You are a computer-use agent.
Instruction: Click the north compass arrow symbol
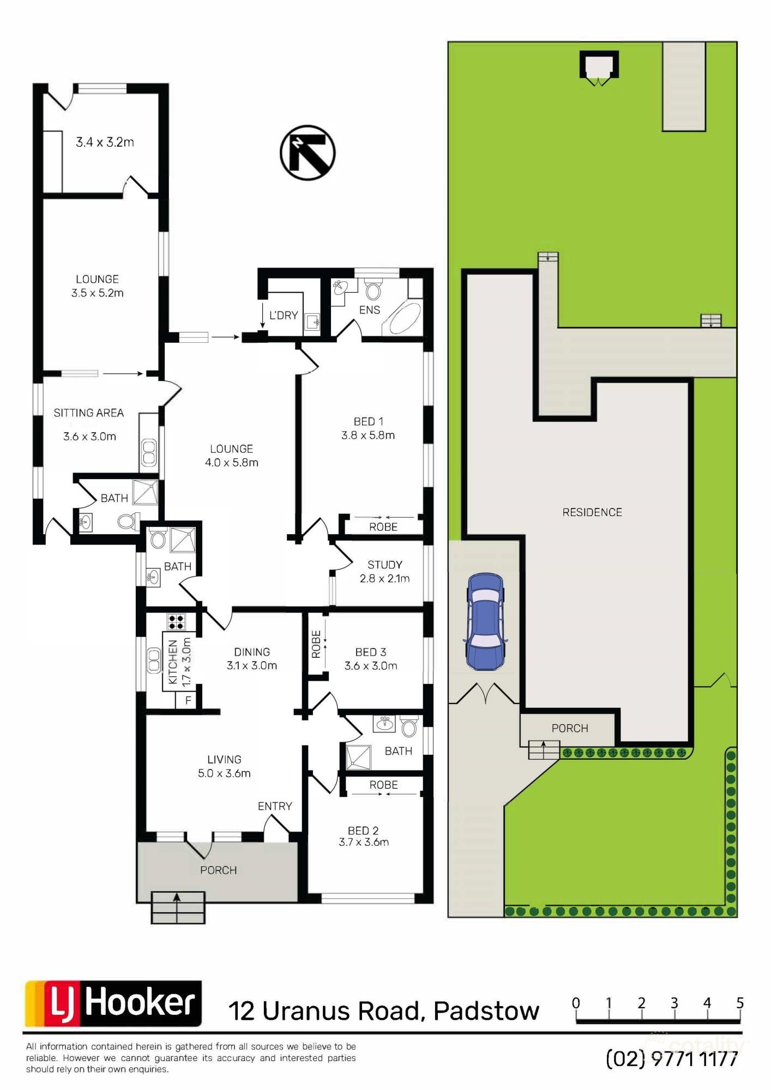[x=308, y=153]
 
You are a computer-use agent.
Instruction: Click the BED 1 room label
[x=369, y=421]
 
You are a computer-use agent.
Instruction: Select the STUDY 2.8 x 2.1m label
[x=384, y=572]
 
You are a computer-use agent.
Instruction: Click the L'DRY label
[x=284, y=315]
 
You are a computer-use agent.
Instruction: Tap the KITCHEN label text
[x=173, y=662]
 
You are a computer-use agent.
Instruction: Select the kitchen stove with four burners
[x=176, y=622]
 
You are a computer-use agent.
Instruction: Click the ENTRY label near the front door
[x=275, y=806]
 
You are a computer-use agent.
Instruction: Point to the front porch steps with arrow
[x=178, y=907]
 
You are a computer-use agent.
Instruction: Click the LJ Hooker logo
[x=113, y=1003]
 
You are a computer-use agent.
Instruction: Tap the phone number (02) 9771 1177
[x=672, y=1059]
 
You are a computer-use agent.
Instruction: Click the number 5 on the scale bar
[x=740, y=1003]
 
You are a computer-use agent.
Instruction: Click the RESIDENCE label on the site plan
[x=592, y=512]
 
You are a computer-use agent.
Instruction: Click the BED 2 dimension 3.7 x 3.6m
[x=364, y=842]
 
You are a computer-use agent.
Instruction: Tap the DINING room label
[x=252, y=652]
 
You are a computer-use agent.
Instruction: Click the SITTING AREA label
[x=88, y=413]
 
